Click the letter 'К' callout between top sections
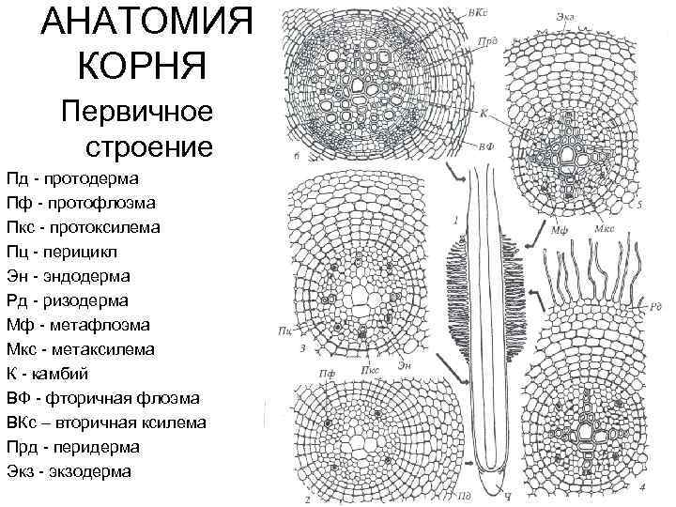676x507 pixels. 484,113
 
